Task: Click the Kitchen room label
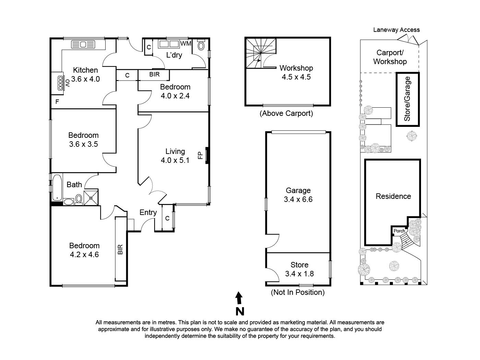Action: tap(85, 70)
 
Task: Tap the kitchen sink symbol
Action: tap(83, 45)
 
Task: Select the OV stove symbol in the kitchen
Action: tap(60, 83)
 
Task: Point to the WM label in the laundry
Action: tap(185, 44)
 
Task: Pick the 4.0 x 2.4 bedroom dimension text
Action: tap(175, 96)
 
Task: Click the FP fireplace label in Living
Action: tap(200, 155)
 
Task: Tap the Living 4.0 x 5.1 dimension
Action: tap(175, 160)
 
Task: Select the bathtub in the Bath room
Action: tap(57, 188)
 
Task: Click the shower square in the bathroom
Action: tap(91, 197)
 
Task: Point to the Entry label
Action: tap(148, 213)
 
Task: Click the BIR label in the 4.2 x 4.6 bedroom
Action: tap(120, 249)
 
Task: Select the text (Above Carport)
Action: tap(286, 113)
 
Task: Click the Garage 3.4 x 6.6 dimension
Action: tap(298, 200)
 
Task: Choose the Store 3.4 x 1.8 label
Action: tap(299, 269)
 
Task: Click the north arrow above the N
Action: tap(239, 298)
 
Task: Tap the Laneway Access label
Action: tap(396, 30)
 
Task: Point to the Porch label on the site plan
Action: tap(399, 231)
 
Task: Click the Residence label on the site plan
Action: tap(393, 196)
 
